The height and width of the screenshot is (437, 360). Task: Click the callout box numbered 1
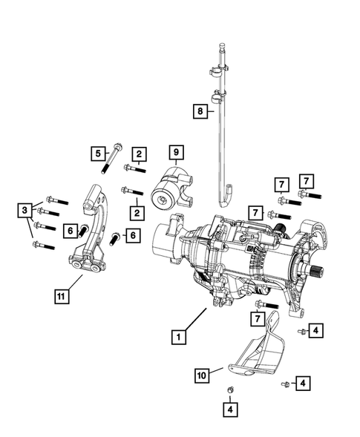point(178,337)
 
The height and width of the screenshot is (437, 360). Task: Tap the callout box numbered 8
point(199,111)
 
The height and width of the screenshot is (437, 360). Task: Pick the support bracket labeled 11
point(92,230)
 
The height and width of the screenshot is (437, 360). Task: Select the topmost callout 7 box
point(306,180)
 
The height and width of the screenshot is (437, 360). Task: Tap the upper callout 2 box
point(139,154)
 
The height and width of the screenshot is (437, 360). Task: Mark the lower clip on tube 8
point(217,97)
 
